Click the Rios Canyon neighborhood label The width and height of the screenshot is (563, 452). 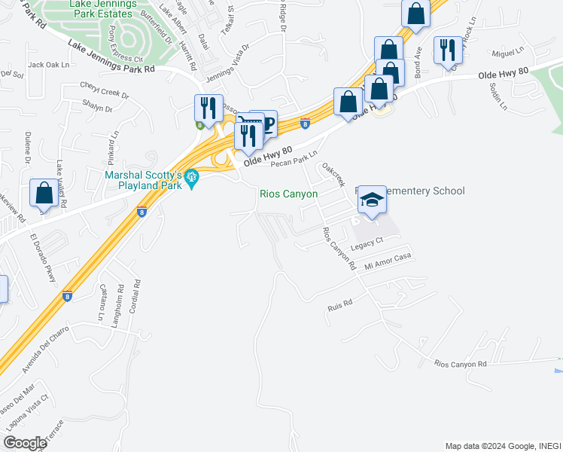click(x=288, y=194)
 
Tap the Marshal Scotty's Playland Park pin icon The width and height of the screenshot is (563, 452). click(x=192, y=179)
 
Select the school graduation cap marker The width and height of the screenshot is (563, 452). click(x=371, y=200)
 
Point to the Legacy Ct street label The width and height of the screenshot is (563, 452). click(x=367, y=240)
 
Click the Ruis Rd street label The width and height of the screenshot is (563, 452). click(x=340, y=307)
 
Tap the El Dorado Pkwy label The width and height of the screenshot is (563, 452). click(x=44, y=258)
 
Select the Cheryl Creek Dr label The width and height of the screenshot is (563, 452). click(x=105, y=96)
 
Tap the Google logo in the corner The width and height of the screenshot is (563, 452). click(x=24, y=443)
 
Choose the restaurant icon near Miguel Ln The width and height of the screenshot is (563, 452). click(x=448, y=50)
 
